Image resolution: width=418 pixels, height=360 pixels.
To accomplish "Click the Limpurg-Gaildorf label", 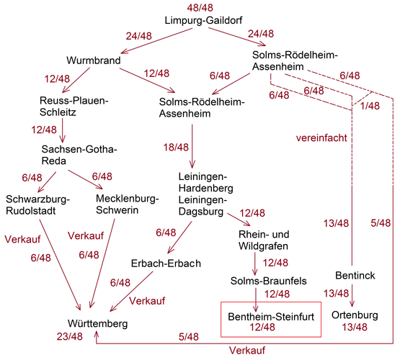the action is point(203,20).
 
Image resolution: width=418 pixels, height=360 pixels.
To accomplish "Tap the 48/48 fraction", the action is point(200,8).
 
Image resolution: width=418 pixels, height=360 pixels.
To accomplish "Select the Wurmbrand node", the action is point(93,60).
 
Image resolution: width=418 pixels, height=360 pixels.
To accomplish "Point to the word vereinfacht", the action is point(321,138).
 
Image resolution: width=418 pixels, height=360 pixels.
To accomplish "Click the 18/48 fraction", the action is point(176,148).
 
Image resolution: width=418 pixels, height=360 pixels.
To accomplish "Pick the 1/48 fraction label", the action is point(370,106).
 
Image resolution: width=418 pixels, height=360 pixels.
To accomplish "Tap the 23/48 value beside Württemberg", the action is point(70,336).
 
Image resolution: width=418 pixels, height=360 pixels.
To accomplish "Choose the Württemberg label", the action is point(97,324).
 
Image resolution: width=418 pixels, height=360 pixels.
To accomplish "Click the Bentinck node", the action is point(355,275).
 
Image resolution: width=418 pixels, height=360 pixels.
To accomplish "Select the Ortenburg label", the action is point(355,315).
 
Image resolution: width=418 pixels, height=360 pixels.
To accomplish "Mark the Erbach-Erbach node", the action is point(166,264).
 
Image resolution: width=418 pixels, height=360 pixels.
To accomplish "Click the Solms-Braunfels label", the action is point(268,281).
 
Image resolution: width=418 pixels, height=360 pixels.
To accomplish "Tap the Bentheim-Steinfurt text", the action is point(271,317).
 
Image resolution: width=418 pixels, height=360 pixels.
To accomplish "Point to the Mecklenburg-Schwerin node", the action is point(127,204).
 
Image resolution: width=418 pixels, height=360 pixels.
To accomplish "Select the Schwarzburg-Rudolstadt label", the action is point(37,205).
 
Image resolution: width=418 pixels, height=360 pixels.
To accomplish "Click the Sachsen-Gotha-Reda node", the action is point(79,155).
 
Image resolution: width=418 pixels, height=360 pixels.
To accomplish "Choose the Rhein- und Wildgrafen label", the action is point(264,240).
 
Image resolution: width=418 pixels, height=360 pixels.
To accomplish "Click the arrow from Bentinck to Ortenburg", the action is point(352,296).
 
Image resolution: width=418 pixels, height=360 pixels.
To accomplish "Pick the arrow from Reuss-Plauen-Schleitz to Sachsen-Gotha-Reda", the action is point(63,130).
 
